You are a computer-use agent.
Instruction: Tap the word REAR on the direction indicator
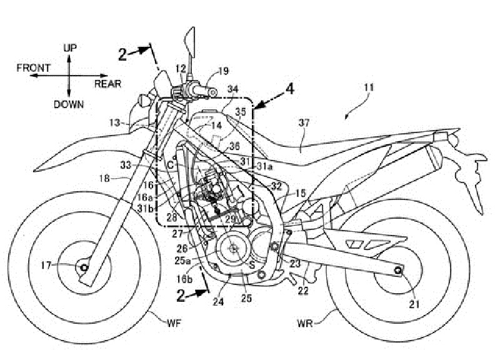click(x=107, y=83)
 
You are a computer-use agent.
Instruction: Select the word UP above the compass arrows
click(x=70, y=47)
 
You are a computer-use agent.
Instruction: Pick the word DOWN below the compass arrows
click(x=68, y=104)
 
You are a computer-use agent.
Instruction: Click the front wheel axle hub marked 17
click(x=83, y=269)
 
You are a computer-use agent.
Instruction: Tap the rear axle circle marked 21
click(x=398, y=271)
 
